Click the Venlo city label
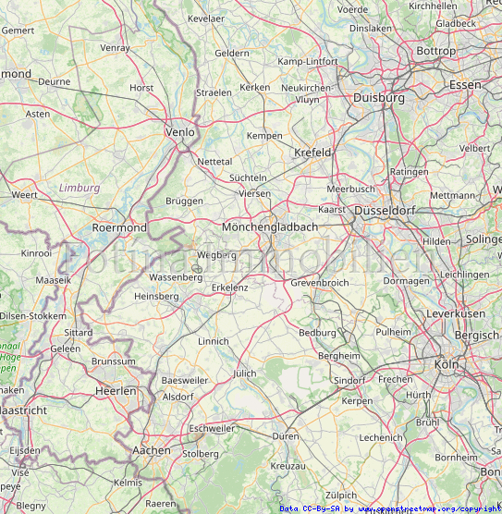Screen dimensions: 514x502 (179, 132)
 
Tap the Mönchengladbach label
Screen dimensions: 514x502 (270, 226)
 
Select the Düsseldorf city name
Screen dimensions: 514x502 (381, 210)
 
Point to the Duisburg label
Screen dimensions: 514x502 (379, 97)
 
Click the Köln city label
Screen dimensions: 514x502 (446, 364)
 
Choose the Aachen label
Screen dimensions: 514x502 (152, 450)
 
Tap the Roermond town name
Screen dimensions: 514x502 (119, 227)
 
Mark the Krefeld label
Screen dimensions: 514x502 (312, 153)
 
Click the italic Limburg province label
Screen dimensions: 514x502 (79, 188)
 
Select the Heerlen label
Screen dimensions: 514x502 (116, 392)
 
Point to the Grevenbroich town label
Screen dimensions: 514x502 (319, 283)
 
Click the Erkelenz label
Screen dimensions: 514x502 (230, 288)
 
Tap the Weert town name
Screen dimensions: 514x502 (24, 195)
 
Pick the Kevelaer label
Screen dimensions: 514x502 (205, 18)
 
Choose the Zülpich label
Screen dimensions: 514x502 (340, 496)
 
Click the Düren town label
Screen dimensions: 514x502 (285, 435)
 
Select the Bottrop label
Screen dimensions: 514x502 (436, 51)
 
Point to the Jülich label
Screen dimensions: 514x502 (244, 373)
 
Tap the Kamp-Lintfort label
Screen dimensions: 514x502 (309, 62)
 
